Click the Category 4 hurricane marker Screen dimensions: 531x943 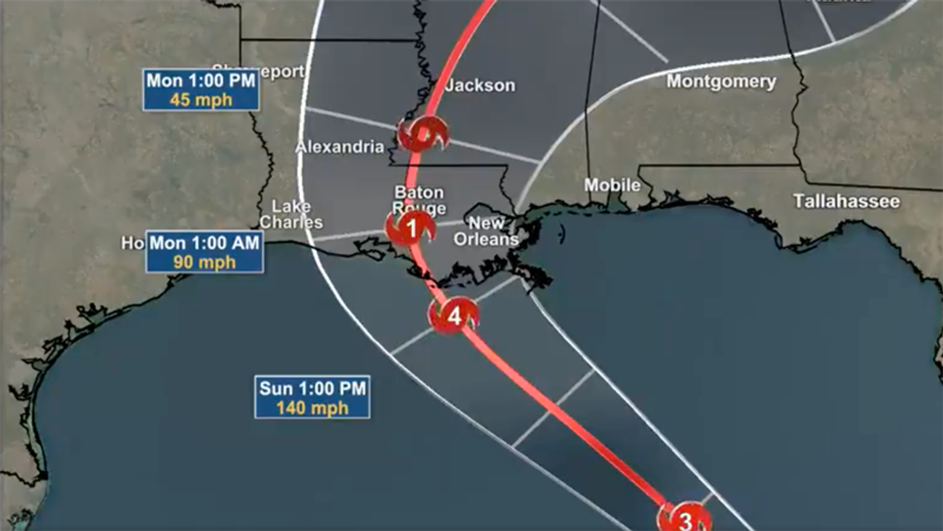click(x=453, y=316)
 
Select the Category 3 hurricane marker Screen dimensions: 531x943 click(x=684, y=520)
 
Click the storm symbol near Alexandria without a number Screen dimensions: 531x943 click(x=423, y=135)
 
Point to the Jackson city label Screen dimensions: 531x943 click(x=480, y=85)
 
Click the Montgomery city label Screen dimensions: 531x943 click(x=721, y=81)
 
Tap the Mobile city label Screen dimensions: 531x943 click(x=612, y=186)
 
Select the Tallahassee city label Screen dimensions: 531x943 click(x=846, y=201)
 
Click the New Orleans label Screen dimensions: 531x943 click(x=487, y=231)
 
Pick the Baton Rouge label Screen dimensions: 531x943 click(x=419, y=200)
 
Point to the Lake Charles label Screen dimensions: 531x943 click(x=291, y=214)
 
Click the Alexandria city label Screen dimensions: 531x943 click(x=339, y=147)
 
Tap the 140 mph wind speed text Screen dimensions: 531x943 click(x=312, y=408)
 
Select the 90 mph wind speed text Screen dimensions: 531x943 click(x=204, y=263)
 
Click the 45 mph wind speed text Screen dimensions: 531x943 click(x=200, y=100)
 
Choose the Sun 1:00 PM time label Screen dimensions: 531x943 click(x=312, y=389)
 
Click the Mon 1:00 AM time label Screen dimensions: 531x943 click(x=204, y=243)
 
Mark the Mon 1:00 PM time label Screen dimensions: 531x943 click(x=200, y=80)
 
